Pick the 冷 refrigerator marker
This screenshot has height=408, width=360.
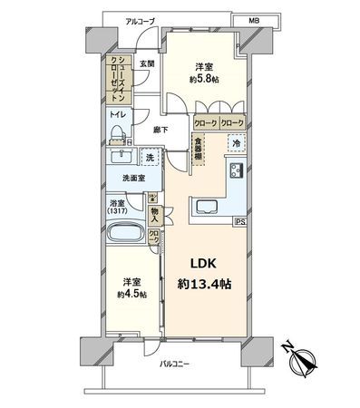[234, 143]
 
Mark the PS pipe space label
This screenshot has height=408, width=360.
[239, 220]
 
